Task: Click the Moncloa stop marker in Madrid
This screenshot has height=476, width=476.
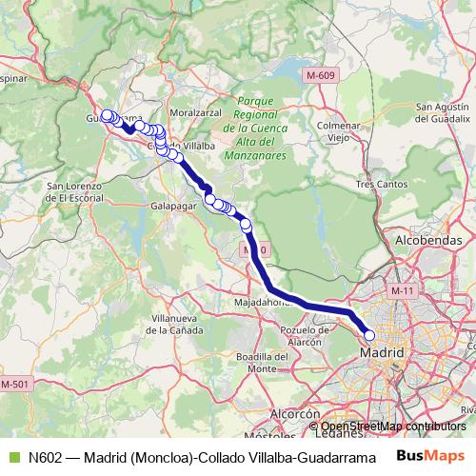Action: [369, 334]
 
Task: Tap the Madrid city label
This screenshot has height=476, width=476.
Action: [379, 353]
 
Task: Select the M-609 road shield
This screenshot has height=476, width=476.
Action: [323, 73]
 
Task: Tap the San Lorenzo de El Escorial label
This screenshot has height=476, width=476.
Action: [68, 191]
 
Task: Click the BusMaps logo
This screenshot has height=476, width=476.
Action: [425, 455]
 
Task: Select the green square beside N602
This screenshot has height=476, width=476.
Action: [12, 455]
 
